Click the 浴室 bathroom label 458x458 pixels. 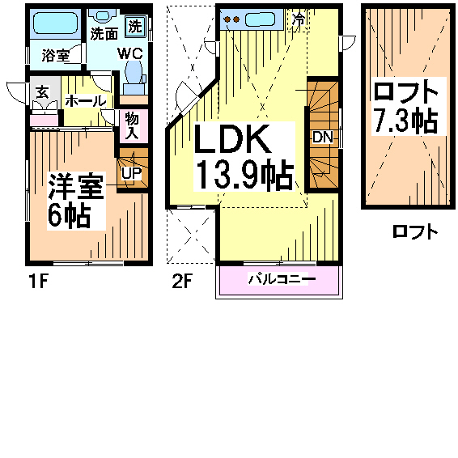[x=56, y=55]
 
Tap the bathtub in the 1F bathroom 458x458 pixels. [x=55, y=23]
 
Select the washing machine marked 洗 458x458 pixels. [x=135, y=27]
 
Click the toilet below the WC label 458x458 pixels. [x=134, y=78]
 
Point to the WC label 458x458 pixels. [x=130, y=53]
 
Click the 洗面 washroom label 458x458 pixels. [x=104, y=34]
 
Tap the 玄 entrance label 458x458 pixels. [x=43, y=91]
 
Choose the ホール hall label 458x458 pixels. [x=85, y=101]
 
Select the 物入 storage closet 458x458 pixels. [x=134, y=126]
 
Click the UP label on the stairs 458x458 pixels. [x=131, y=173]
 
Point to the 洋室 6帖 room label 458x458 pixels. [x=76, y=201]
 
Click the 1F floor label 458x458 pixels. [x=38, y=282]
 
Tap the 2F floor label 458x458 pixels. [x=182, y=282]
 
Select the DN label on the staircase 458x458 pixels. [x=323, y=137]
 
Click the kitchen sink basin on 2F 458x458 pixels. [x=260, y=19]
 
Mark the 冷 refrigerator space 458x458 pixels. [x=299, y=19]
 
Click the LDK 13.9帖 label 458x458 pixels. [x=244, y=157]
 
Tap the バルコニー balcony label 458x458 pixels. [x=282, y=279]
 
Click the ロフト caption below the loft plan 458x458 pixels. [x=415, y=231]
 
